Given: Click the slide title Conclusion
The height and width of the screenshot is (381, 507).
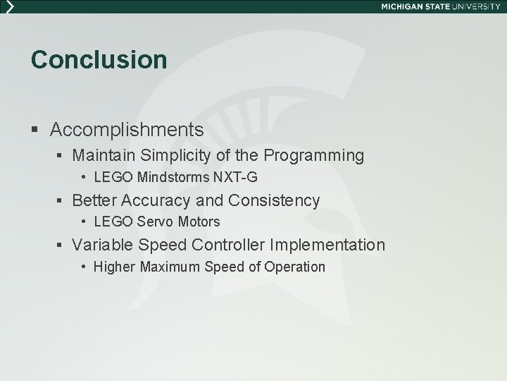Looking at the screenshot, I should [99, 60].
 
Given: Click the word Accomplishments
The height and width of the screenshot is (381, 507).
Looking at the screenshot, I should [127, 130].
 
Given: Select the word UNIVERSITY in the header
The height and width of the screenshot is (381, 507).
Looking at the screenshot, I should [477, 6].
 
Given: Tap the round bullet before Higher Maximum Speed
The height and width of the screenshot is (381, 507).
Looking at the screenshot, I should [83, 267].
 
